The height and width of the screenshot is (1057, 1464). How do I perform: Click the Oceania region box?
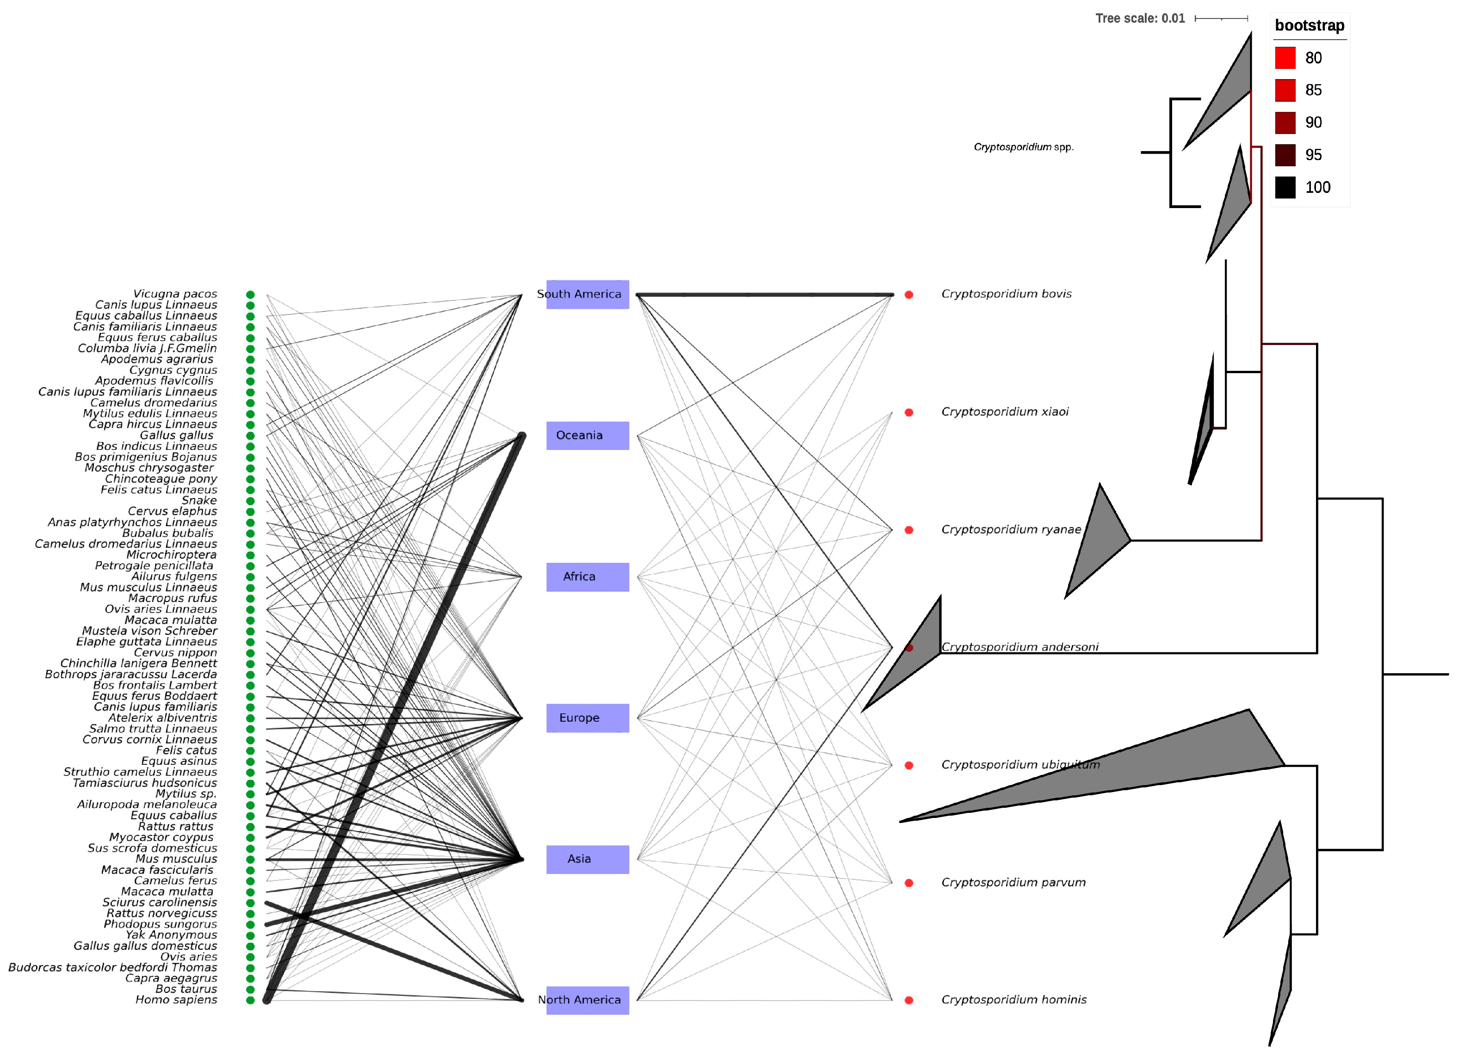(587, 436)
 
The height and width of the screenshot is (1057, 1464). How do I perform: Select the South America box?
(587, 294)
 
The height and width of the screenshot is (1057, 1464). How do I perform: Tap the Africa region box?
(587, 577)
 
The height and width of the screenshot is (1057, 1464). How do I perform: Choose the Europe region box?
(587, 718)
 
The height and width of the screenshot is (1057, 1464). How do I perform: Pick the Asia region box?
(587, 860)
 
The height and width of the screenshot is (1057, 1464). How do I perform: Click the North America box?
(587, 1000)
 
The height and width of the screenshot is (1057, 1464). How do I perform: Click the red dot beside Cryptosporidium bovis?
(909, 295)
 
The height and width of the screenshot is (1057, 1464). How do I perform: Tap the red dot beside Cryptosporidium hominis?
(909, 1001)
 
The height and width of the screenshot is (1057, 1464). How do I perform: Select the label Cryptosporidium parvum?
(1013, 883)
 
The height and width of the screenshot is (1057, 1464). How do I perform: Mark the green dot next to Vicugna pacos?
(250, 295)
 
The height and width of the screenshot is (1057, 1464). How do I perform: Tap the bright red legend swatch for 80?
(1285, 58)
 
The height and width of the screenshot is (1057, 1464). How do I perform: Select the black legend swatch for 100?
(1285, 187)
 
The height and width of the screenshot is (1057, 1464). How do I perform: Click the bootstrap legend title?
(1309, 26)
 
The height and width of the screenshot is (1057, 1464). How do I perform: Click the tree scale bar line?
(1221, 18)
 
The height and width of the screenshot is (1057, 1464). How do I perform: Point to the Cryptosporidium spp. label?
(1023, 147)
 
